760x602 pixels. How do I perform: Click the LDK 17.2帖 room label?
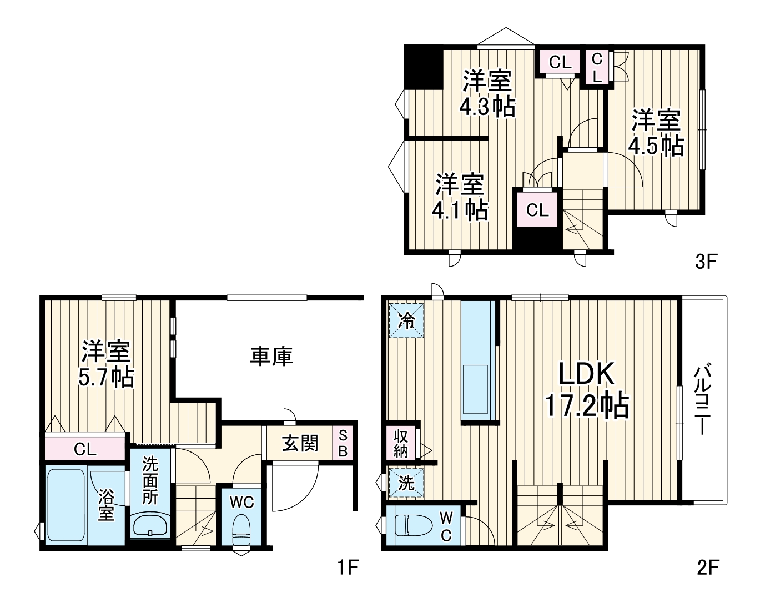coord(587,390)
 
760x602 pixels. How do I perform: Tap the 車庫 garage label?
coord(271,357)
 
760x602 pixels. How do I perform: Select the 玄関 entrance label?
coord(300,443)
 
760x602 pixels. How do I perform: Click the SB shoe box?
coord(343,443)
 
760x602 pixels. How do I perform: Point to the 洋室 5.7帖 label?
coord(106,364)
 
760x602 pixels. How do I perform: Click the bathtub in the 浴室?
coord(66,505)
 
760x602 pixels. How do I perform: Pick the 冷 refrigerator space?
coord(406,320)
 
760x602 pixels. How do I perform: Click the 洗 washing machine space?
coord(406,483)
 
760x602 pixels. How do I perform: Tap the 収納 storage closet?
coord(401,443)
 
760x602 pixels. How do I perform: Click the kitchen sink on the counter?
coord(475,389)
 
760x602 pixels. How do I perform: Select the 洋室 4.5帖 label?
coord(656,133)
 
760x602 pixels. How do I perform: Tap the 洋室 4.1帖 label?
coord(460,197)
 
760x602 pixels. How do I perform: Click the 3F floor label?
coord(706,261)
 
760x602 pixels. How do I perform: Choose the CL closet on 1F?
coord(85,449)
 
